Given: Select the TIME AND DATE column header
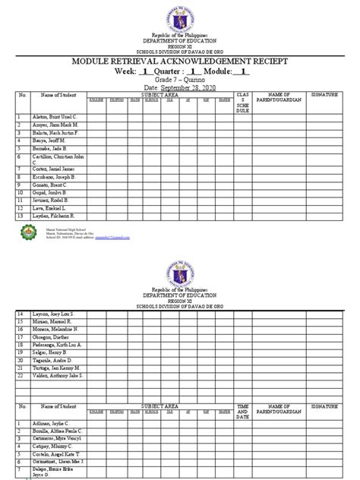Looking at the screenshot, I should (x=243, y=411).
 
